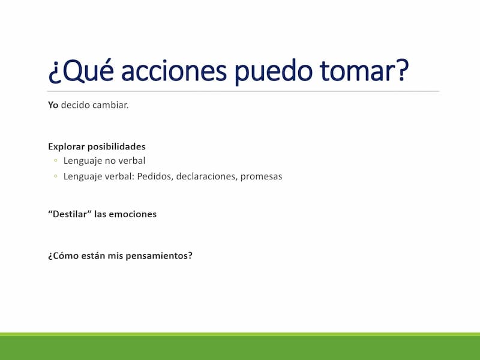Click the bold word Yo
(x=53, y=105)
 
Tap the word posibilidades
(x=116, y=146)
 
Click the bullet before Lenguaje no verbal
(x=55, y=160)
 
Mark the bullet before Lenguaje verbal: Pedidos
(x=55, y=176)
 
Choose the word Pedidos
(x=155, y=176)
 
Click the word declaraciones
(x=206, y=176)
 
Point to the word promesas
(x=261, y=177)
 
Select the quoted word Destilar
(x=70, y=214)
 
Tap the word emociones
(x=133, y=214)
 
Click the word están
(x=93, y=256)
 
